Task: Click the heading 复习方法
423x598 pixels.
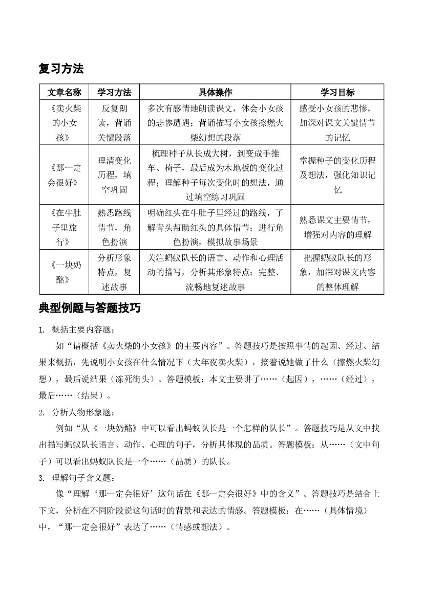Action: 61,69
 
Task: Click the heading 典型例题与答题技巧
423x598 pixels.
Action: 90,308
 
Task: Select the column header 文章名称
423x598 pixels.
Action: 65,93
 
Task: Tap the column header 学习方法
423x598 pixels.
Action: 114,93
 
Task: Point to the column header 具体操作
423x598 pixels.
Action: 215,93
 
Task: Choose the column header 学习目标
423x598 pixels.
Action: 337,93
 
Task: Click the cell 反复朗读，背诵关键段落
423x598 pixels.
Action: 114,123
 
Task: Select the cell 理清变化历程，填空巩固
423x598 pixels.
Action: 114,175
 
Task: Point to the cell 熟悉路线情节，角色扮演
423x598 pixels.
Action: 114,227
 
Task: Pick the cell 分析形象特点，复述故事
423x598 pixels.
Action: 114,272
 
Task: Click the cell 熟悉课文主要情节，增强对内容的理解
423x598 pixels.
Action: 337,227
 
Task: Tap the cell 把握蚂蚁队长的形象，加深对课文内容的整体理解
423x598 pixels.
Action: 337,272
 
